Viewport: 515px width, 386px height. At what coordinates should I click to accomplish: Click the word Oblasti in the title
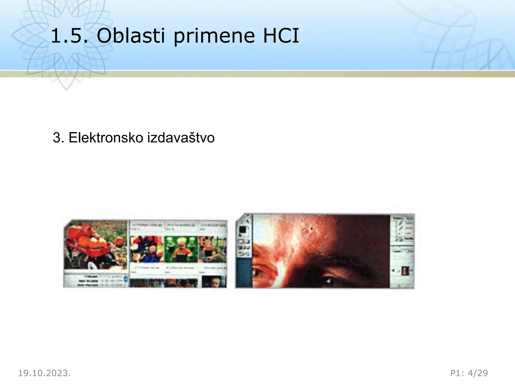[131, 36]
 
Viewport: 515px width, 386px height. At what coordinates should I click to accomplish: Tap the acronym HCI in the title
[281, 36]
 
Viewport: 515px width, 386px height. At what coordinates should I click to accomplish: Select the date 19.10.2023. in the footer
[44, 373]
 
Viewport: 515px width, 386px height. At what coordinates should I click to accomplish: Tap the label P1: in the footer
[457, 373]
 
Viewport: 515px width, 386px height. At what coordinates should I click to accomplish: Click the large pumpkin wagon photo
[96, 245]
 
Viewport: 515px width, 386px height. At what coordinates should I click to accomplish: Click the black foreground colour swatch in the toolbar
[243, 230]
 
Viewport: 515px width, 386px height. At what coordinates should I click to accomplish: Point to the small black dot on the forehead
[312, 229]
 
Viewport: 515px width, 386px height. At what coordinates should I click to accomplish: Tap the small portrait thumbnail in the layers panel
[405, 271]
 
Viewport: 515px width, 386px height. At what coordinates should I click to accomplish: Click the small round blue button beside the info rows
[126, 279]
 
